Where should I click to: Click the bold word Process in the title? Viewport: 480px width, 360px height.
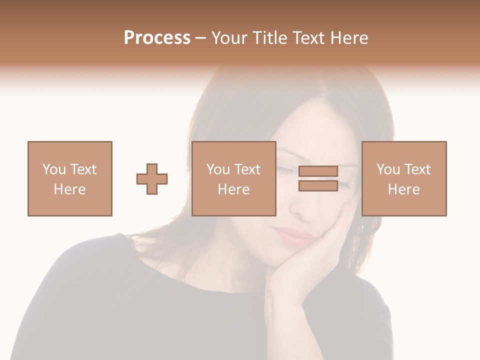157,38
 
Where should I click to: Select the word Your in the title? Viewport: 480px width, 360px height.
231,38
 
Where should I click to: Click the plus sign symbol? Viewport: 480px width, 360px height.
152,179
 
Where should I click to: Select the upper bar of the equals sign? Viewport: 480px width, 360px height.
318,171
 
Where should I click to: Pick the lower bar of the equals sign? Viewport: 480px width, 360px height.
318,186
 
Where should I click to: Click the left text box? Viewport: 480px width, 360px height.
70,178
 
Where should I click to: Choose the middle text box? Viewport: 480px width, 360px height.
234,178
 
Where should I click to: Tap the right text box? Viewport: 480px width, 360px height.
404,178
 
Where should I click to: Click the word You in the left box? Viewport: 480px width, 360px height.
53,169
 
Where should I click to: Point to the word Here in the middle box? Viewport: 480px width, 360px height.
234,189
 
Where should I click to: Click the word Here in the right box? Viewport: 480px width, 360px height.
404,189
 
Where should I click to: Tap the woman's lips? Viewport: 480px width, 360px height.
292,235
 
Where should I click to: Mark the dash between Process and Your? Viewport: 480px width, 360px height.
201,38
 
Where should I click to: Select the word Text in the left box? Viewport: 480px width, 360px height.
82,169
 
